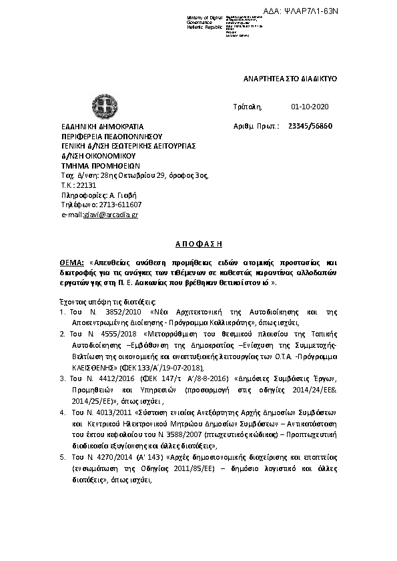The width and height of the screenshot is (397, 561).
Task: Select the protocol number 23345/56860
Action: point(310,126)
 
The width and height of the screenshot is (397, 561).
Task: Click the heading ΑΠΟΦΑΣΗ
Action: point(197,245)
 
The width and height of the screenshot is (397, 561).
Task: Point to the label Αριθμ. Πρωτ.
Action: point(257,126)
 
